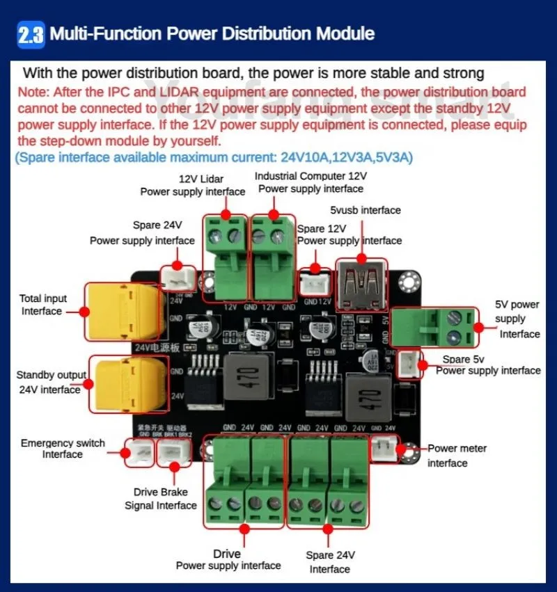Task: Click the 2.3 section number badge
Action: point(31,34)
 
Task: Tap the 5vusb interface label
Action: point(366,210)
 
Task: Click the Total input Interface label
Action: point(42,305)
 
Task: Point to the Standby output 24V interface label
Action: point(49,382)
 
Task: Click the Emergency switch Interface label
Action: point(63,449)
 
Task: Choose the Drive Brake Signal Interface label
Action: point(161,499)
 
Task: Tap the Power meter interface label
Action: point(457,456)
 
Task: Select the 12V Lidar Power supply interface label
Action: point(192,185)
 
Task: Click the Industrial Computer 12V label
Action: point(311,177)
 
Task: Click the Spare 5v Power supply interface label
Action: point(487,365)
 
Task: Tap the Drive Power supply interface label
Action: point(228,560)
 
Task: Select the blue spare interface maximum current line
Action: point(214,158)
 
